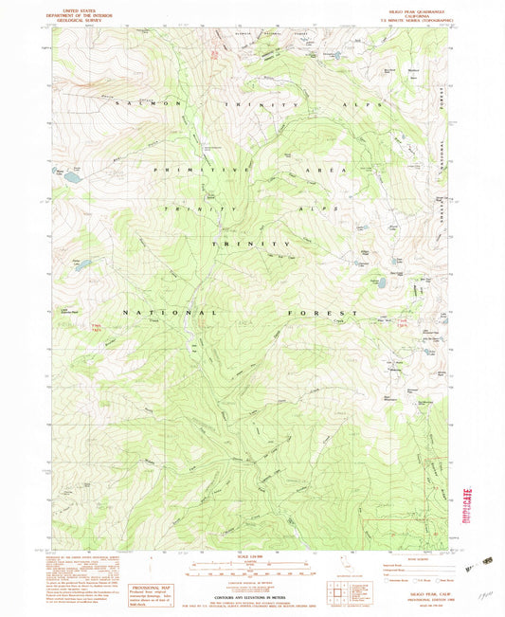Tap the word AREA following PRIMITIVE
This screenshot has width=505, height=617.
coord(338,168)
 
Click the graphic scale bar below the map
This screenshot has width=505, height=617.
coord(251,573)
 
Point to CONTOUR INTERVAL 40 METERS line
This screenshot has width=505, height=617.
coord(251,597)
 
